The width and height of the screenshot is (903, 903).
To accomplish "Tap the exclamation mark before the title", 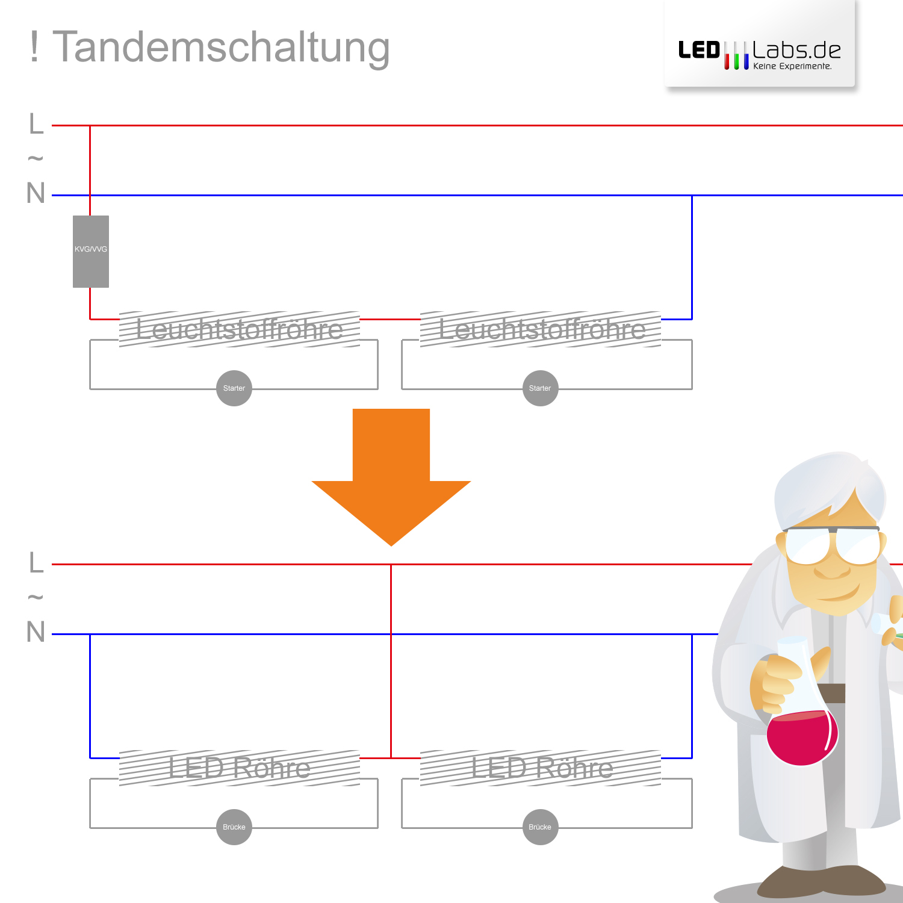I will click(34, 47).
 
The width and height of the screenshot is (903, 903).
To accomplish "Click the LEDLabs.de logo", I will click(760, 54).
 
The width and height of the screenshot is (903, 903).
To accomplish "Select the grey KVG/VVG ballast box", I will click(91, 251).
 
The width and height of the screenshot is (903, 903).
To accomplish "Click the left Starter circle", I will click(234, 388).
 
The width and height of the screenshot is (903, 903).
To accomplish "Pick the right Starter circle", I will click(540, 388).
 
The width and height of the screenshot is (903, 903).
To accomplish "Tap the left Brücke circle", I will click(234, 827).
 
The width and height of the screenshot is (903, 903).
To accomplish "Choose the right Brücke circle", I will click(540, 827).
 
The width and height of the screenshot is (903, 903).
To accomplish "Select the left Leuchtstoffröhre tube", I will click(240, 329).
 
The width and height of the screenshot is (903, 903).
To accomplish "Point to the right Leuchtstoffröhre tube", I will click(541, 329).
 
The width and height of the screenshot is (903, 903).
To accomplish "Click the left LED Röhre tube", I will click(240, 768).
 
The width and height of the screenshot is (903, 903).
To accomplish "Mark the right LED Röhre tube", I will click(541, 768).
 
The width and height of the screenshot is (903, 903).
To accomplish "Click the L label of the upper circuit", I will click(36, 124).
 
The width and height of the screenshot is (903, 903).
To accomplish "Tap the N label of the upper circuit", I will click(36, 194).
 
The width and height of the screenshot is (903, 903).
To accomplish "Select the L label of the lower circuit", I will click(36, 563).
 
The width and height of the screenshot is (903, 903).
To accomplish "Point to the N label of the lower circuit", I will click(36, 633).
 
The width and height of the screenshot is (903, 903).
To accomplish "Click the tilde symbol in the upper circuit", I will click(36, 159).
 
